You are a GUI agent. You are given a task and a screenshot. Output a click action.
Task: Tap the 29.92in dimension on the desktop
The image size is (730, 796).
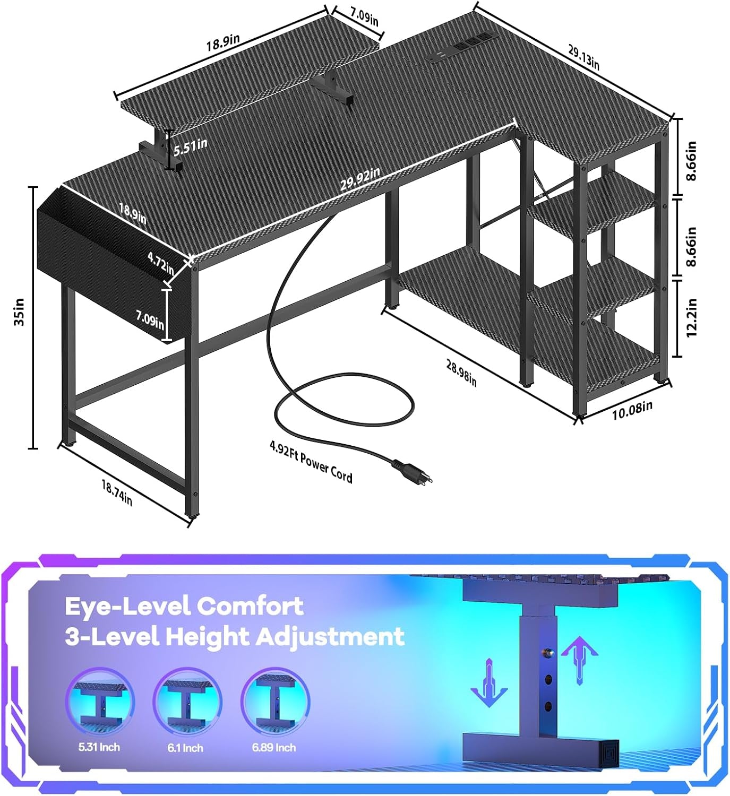360,179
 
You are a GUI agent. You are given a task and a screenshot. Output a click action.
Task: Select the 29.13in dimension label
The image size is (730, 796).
583,57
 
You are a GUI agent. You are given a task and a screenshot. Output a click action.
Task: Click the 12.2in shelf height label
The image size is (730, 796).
691,318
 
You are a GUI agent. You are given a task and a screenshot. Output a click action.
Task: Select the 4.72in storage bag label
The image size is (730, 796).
161,264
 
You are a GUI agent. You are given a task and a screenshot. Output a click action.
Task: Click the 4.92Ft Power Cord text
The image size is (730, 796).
311,462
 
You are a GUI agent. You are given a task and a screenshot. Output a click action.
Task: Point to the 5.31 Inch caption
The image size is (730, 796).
99,747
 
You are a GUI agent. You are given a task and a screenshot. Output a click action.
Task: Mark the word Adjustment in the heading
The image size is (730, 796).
330,637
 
